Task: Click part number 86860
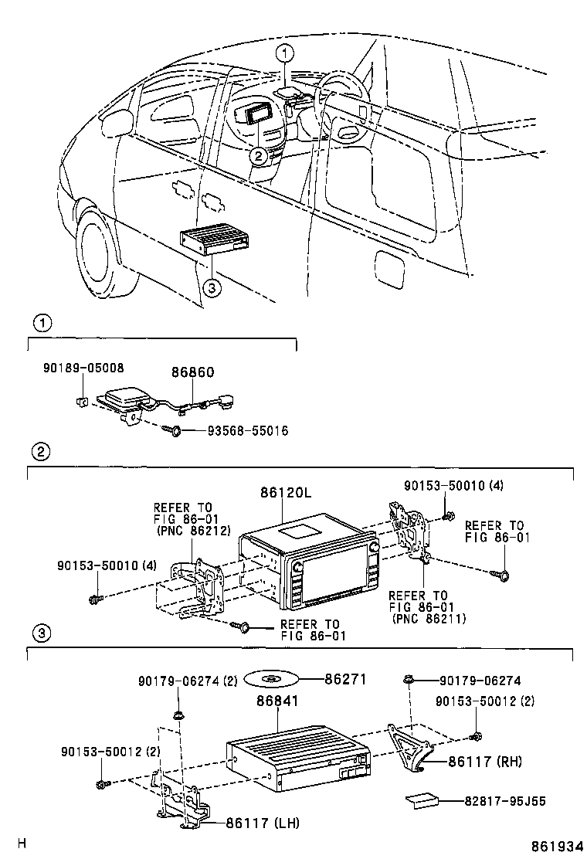pos(193,372)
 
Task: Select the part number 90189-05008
pos(83,368)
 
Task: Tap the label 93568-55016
pos(247,431)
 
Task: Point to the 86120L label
pos(285,493)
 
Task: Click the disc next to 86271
pos(271,680)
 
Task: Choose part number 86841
pos(277,701)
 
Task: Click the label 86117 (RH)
pos(485,761)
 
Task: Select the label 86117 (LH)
pos(263,822)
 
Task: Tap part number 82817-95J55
pos(505,801)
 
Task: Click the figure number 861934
pos(556,847)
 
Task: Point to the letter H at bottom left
pos(22,843)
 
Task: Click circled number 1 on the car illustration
pos(285,53)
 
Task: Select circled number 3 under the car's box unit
pos(212,287)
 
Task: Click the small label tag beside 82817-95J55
pos(422,800)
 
